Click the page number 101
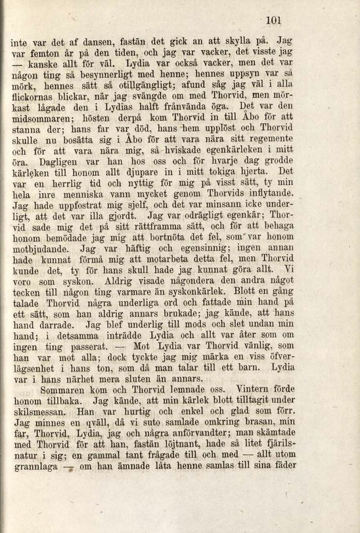(x=273, y=20)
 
